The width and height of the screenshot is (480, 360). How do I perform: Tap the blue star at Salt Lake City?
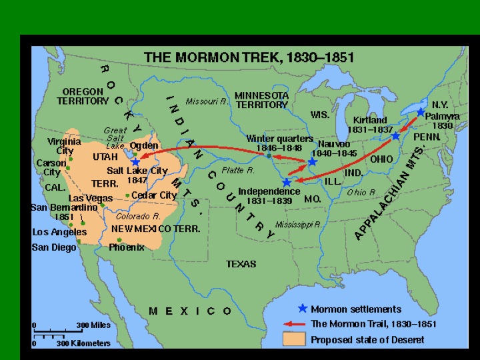coord(136,161)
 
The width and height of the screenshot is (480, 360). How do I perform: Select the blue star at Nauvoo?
coord(312,162)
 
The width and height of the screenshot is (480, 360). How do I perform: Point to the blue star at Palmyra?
coord(421,113)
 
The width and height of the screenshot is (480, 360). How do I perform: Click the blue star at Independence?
coord(287,181)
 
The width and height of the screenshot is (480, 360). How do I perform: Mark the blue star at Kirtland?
coord(395,136)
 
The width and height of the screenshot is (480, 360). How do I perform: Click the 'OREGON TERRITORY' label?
coord(82,96)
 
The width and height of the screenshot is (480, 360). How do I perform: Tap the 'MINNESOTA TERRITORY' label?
coord(261,100)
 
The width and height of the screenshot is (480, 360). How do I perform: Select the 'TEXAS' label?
coord(241,264)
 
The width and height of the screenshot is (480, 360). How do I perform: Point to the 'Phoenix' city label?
coord(127,247)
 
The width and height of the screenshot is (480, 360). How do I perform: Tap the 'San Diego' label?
coord(54,247)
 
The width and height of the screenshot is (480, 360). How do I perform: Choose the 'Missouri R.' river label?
coord(207,102)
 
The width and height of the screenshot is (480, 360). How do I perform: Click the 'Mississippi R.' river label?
coord(299,225)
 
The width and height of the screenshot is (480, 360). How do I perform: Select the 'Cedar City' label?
coord(154,195)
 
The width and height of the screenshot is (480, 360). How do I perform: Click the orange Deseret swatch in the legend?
coord(297,339)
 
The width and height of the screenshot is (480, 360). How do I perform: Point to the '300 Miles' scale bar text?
coord(92,325)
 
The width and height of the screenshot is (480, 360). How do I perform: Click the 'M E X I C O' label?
coord(191,311)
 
